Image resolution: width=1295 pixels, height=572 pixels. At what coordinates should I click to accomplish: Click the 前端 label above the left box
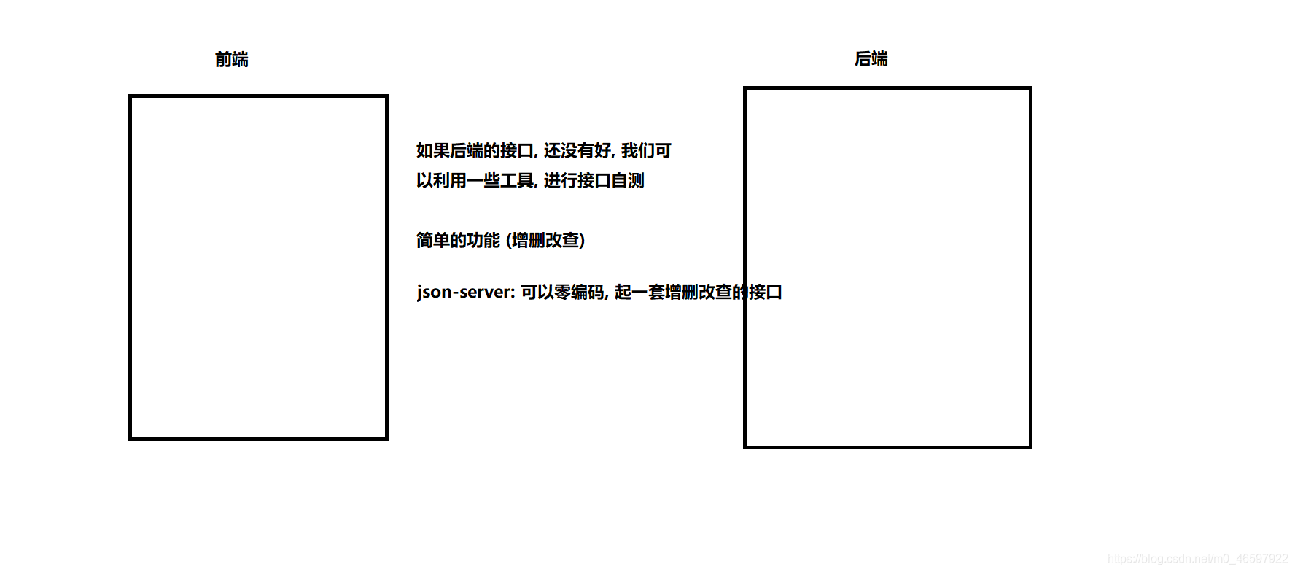click(x=231, y=60)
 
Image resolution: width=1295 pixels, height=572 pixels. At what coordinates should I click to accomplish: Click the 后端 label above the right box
click(x=871, y=59)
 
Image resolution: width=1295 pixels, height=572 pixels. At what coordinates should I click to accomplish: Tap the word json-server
click(x=464, y=292)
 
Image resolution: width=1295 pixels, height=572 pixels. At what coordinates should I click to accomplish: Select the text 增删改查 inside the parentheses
click(x=545, y=240)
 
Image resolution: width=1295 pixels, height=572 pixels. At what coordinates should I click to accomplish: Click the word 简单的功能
click(x=458, y=240)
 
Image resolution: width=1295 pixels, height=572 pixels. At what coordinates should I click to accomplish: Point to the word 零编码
click(x=579, y=292)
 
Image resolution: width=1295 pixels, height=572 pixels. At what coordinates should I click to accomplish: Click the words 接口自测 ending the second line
click(x=610, y=180)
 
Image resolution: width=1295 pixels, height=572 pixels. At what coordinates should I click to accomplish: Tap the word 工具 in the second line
click(x=516, y=180)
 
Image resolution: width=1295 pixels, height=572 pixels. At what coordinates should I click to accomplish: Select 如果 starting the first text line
click(x=433, y=150)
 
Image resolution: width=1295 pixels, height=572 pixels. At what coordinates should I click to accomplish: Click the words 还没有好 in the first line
click(x=577, y=150)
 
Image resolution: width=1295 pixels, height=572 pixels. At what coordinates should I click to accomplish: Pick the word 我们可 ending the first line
click(x=646, y=150)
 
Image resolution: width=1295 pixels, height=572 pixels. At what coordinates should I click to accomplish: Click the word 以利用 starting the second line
click(x=441, y=180)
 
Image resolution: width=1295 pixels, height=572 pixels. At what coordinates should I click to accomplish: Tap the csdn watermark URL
click(x=1197, y=559)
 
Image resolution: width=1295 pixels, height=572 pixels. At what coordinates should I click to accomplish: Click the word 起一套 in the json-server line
click(x=639, y=292)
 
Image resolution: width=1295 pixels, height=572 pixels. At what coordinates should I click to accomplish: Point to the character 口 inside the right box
click(x=774, y=292)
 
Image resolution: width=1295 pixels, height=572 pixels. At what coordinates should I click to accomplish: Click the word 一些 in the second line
click(x=483, y=180)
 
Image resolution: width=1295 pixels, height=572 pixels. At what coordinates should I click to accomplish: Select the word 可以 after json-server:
click(x=537, y=292)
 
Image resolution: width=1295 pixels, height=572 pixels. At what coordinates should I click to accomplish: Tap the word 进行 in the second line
click(x=560, y=180)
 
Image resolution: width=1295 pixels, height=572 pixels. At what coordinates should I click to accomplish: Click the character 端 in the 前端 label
click(x=240, y=60)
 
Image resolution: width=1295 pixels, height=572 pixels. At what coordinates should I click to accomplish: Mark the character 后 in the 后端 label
click(x=863, y=59)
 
